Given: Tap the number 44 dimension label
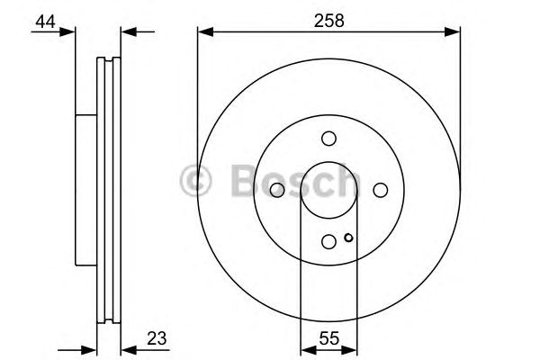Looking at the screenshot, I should pos(42,19).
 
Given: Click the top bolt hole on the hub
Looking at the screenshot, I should pos(328,138).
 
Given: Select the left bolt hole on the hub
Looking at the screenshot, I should pos(277,189).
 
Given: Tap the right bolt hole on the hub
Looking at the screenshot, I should pos(381,189).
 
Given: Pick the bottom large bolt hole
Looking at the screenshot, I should pos(329,240).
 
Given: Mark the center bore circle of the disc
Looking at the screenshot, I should pos(329,189).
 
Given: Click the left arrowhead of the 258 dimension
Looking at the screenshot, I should pos(202,33).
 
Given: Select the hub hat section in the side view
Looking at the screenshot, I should pos(85,189).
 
